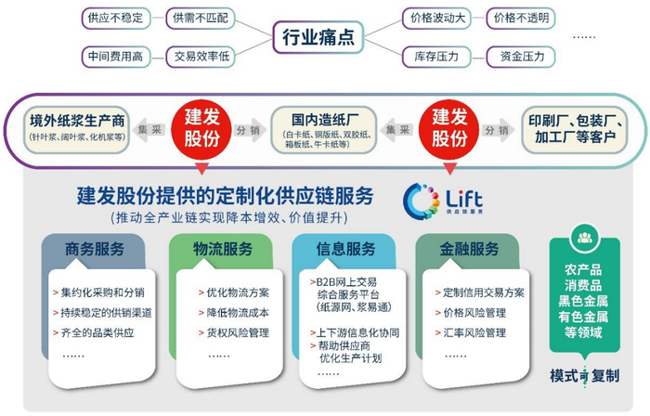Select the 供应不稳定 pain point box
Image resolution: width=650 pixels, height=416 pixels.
114,17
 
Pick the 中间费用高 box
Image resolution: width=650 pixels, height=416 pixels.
114,56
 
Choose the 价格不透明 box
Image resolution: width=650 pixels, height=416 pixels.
521,17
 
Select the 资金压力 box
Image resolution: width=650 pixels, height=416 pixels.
521,56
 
